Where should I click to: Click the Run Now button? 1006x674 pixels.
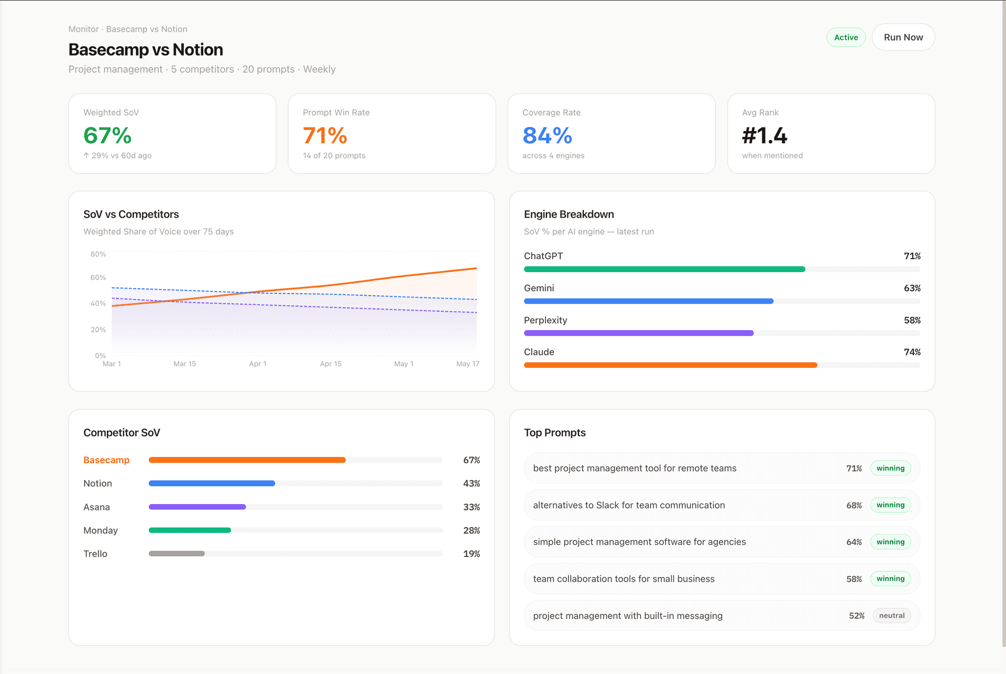click(x=903, y=37)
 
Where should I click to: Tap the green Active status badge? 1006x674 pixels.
click(x=846, y=37)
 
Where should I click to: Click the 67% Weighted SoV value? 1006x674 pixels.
click(x=107, y=135)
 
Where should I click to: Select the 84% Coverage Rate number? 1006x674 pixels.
click(x=547, y=135)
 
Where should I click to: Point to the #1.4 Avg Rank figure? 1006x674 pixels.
click(x=764, y=135)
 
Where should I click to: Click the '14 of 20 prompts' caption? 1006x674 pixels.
click(x=334, y=156)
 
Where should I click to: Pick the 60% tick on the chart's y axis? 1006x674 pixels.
click(x=98, y=277)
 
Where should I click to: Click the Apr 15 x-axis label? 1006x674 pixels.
click(x=331, y=364)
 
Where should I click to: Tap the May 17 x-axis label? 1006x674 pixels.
click(x=467, y=364)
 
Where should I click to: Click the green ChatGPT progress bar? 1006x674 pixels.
click(x=664, y=269)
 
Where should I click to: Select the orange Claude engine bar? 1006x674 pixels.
click(x=670, y=365)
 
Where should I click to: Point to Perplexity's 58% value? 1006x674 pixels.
click(x=912, y=320)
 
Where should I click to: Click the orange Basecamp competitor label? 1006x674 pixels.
click(x=106, y=460)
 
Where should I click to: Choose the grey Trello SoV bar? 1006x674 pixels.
click(x=177, y=554)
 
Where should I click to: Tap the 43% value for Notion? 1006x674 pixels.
click(x=471, y=484)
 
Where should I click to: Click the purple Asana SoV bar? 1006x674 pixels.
click(x=197, y=507)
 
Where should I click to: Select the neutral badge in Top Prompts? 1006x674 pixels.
click(x=891, y=616)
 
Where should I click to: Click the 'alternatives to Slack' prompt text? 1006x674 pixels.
click(x=629, y=505)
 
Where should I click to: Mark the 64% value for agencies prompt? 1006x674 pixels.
click(x=854, y=542)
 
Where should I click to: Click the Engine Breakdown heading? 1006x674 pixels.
click(x=568, y=214)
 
